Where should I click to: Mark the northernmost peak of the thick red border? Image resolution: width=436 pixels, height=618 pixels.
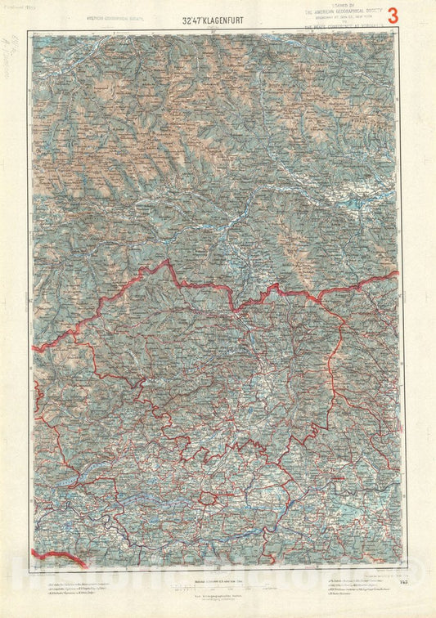coord(169,262)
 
